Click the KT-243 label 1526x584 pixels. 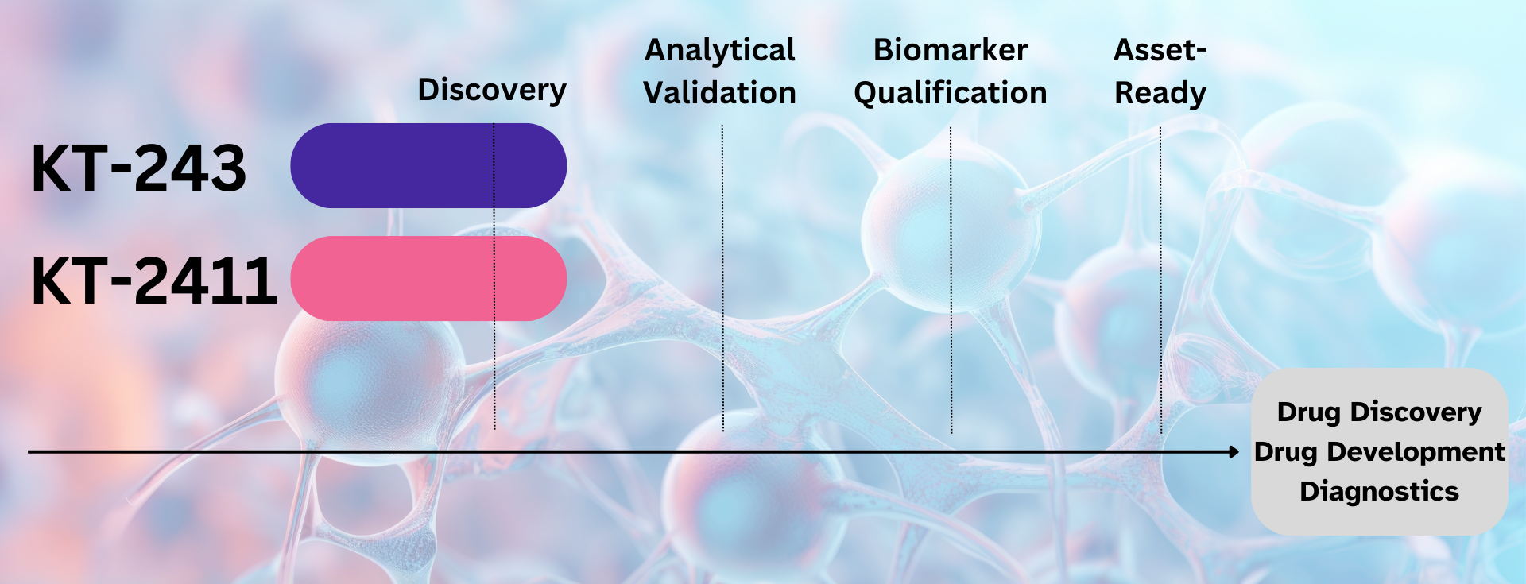[139, 168]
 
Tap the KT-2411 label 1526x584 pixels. [153, 281]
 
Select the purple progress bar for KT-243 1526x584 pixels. [428, 165]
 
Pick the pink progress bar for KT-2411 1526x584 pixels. [428, 278]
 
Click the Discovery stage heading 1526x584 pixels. [492, 90]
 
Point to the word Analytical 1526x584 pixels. [719, 50]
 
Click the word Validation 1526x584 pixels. [719, 93]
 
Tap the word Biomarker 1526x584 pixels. [951, 50]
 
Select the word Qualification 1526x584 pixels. [951, 93]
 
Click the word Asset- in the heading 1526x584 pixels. [1160, 50]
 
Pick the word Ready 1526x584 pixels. [1160, 93]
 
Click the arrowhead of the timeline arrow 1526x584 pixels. [1234, 452]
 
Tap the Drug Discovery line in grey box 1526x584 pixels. [1379, 412]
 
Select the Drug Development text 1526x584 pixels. [1379, 451]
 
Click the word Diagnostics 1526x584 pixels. [1379, 491]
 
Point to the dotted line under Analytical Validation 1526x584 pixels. [722, 278]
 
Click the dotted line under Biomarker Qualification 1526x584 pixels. [951, 278]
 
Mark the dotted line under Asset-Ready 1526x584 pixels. [1160, 278]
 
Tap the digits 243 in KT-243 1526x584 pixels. [190, 168]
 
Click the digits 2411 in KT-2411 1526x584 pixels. [205, 281]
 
